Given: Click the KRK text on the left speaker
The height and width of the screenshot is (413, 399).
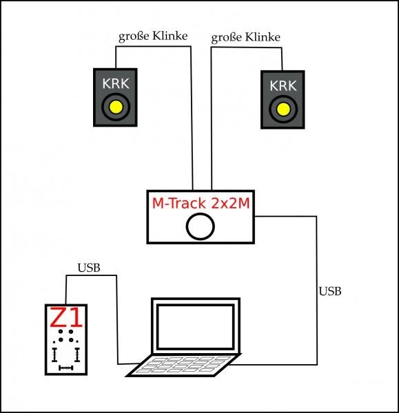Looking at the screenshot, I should (x=114, y=83).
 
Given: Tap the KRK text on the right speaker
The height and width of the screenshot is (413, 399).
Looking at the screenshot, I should (x=282, y=86).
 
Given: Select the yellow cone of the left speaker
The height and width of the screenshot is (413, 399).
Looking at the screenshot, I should (x=115, y=107).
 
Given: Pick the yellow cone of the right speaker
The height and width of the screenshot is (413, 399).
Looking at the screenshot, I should (x=282, y=109).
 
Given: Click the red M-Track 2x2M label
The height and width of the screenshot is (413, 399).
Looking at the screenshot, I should (x=201, y=203).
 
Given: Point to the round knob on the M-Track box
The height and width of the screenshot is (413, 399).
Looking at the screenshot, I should (x=201, y=226).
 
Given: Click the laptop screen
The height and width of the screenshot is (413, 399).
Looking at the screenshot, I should (x=196, y=328).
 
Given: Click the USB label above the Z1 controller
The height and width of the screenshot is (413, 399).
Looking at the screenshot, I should (x=89, y=268).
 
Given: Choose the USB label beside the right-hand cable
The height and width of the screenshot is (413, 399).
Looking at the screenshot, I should (x=330, y=292).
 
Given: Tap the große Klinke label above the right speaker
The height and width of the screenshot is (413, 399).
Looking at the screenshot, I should (x=245, y=36).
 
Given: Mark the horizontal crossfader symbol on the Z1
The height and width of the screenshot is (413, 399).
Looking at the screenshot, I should (x=66, y=369).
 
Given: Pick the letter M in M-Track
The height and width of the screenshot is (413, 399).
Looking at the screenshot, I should (x=158, y=203).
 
